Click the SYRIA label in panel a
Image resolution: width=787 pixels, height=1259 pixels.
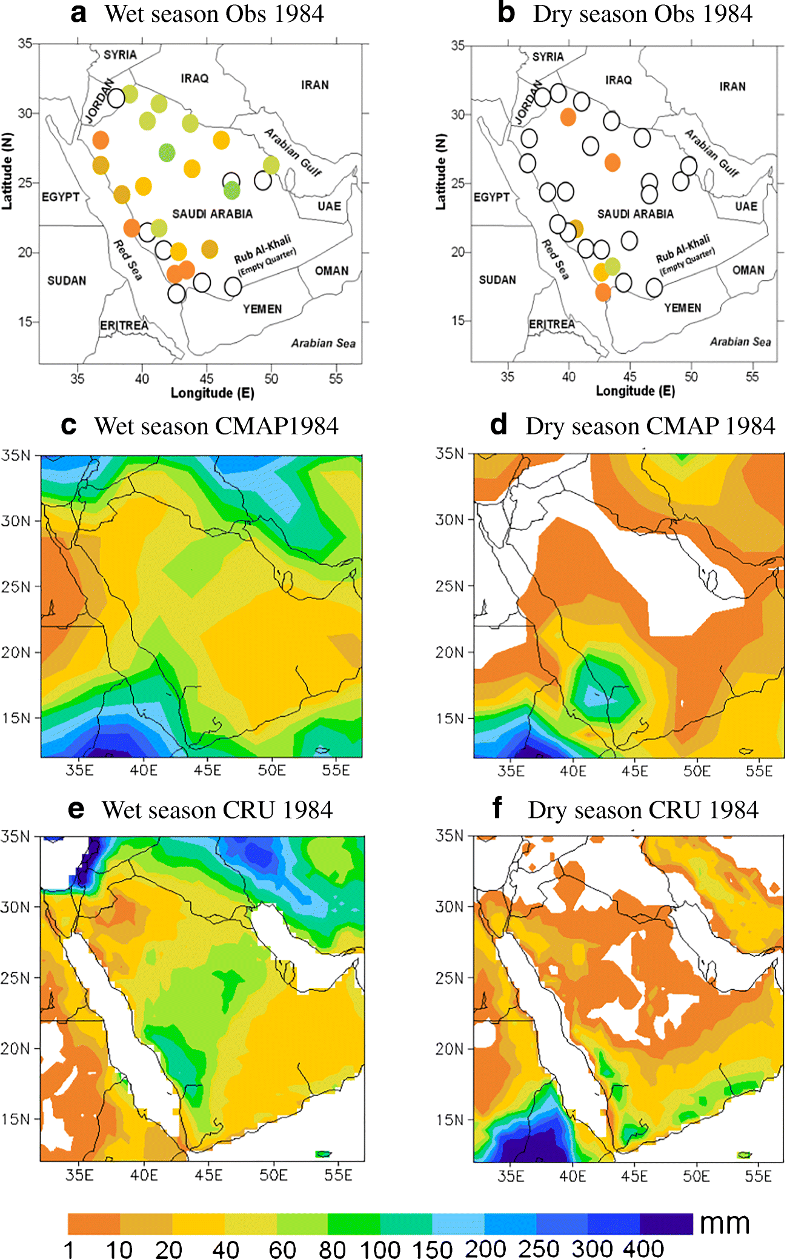[x=120, y=55]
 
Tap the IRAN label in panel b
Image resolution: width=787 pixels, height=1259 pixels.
[x=732, y=87]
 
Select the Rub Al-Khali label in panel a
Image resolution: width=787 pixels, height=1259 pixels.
[x=262, y=248]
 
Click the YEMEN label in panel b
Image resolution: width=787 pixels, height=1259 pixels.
[x=682, y=308]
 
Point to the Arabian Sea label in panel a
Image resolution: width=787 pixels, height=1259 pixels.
[x=323, y=343]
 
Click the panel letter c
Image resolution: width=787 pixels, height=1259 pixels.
[x=68, y=425]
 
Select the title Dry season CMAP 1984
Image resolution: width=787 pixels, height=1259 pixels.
[x=649, y=426]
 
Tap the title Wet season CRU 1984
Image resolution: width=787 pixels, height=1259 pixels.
[x=217, y=810]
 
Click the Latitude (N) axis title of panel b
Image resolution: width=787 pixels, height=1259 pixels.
[x=440, y=172]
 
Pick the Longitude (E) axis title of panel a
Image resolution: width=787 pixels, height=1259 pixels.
[x=212, y=393]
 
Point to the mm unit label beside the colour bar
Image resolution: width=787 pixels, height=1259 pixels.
[x=725, y=1224]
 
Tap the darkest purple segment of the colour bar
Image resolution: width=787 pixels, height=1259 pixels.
[x=666, y=1223]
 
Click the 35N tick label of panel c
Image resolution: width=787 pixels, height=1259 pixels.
[x=15, y=455]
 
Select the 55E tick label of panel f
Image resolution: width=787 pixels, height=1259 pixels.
[x=759, y=1177]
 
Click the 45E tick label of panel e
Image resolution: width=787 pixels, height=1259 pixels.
[x=208, y=1175]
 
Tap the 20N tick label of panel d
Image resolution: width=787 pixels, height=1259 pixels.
[x=450, y=652]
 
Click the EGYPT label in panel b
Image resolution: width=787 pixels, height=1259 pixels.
[x=491, y=197]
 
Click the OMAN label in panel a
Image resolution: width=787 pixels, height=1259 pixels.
[x=331, y=271]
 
